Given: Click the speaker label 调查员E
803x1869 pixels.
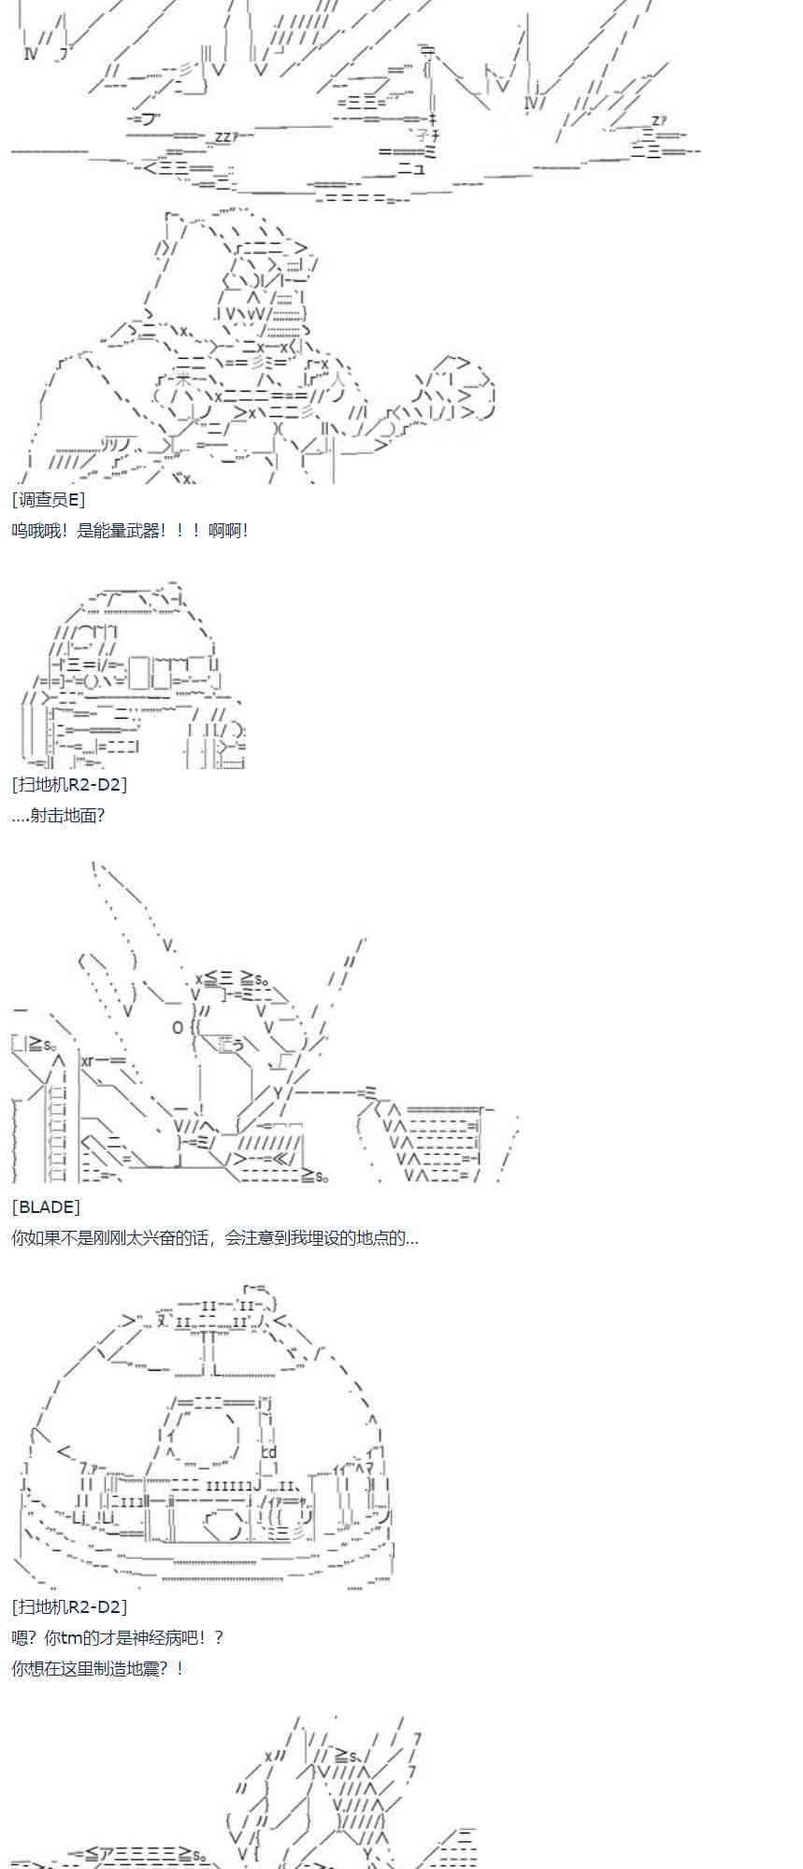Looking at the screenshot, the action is click(x=49, y=500).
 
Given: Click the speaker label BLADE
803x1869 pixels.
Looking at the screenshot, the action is click(x=46, y=1207).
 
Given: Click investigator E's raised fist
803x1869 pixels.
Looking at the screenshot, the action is click(x=455, y=391).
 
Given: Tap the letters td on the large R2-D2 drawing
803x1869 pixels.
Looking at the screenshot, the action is click(x=268, y=1451).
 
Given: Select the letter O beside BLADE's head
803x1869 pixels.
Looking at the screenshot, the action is click(x=178, y=1027).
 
